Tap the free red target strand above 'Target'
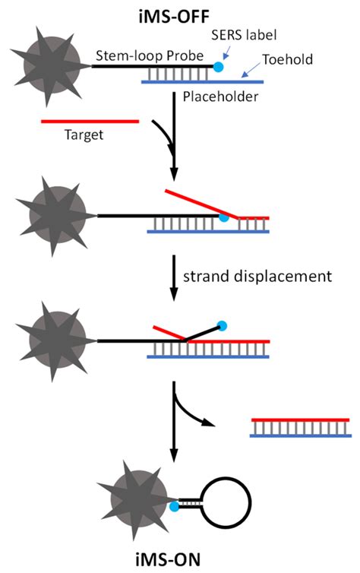pos(92,120)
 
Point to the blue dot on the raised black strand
pos(223,326)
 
